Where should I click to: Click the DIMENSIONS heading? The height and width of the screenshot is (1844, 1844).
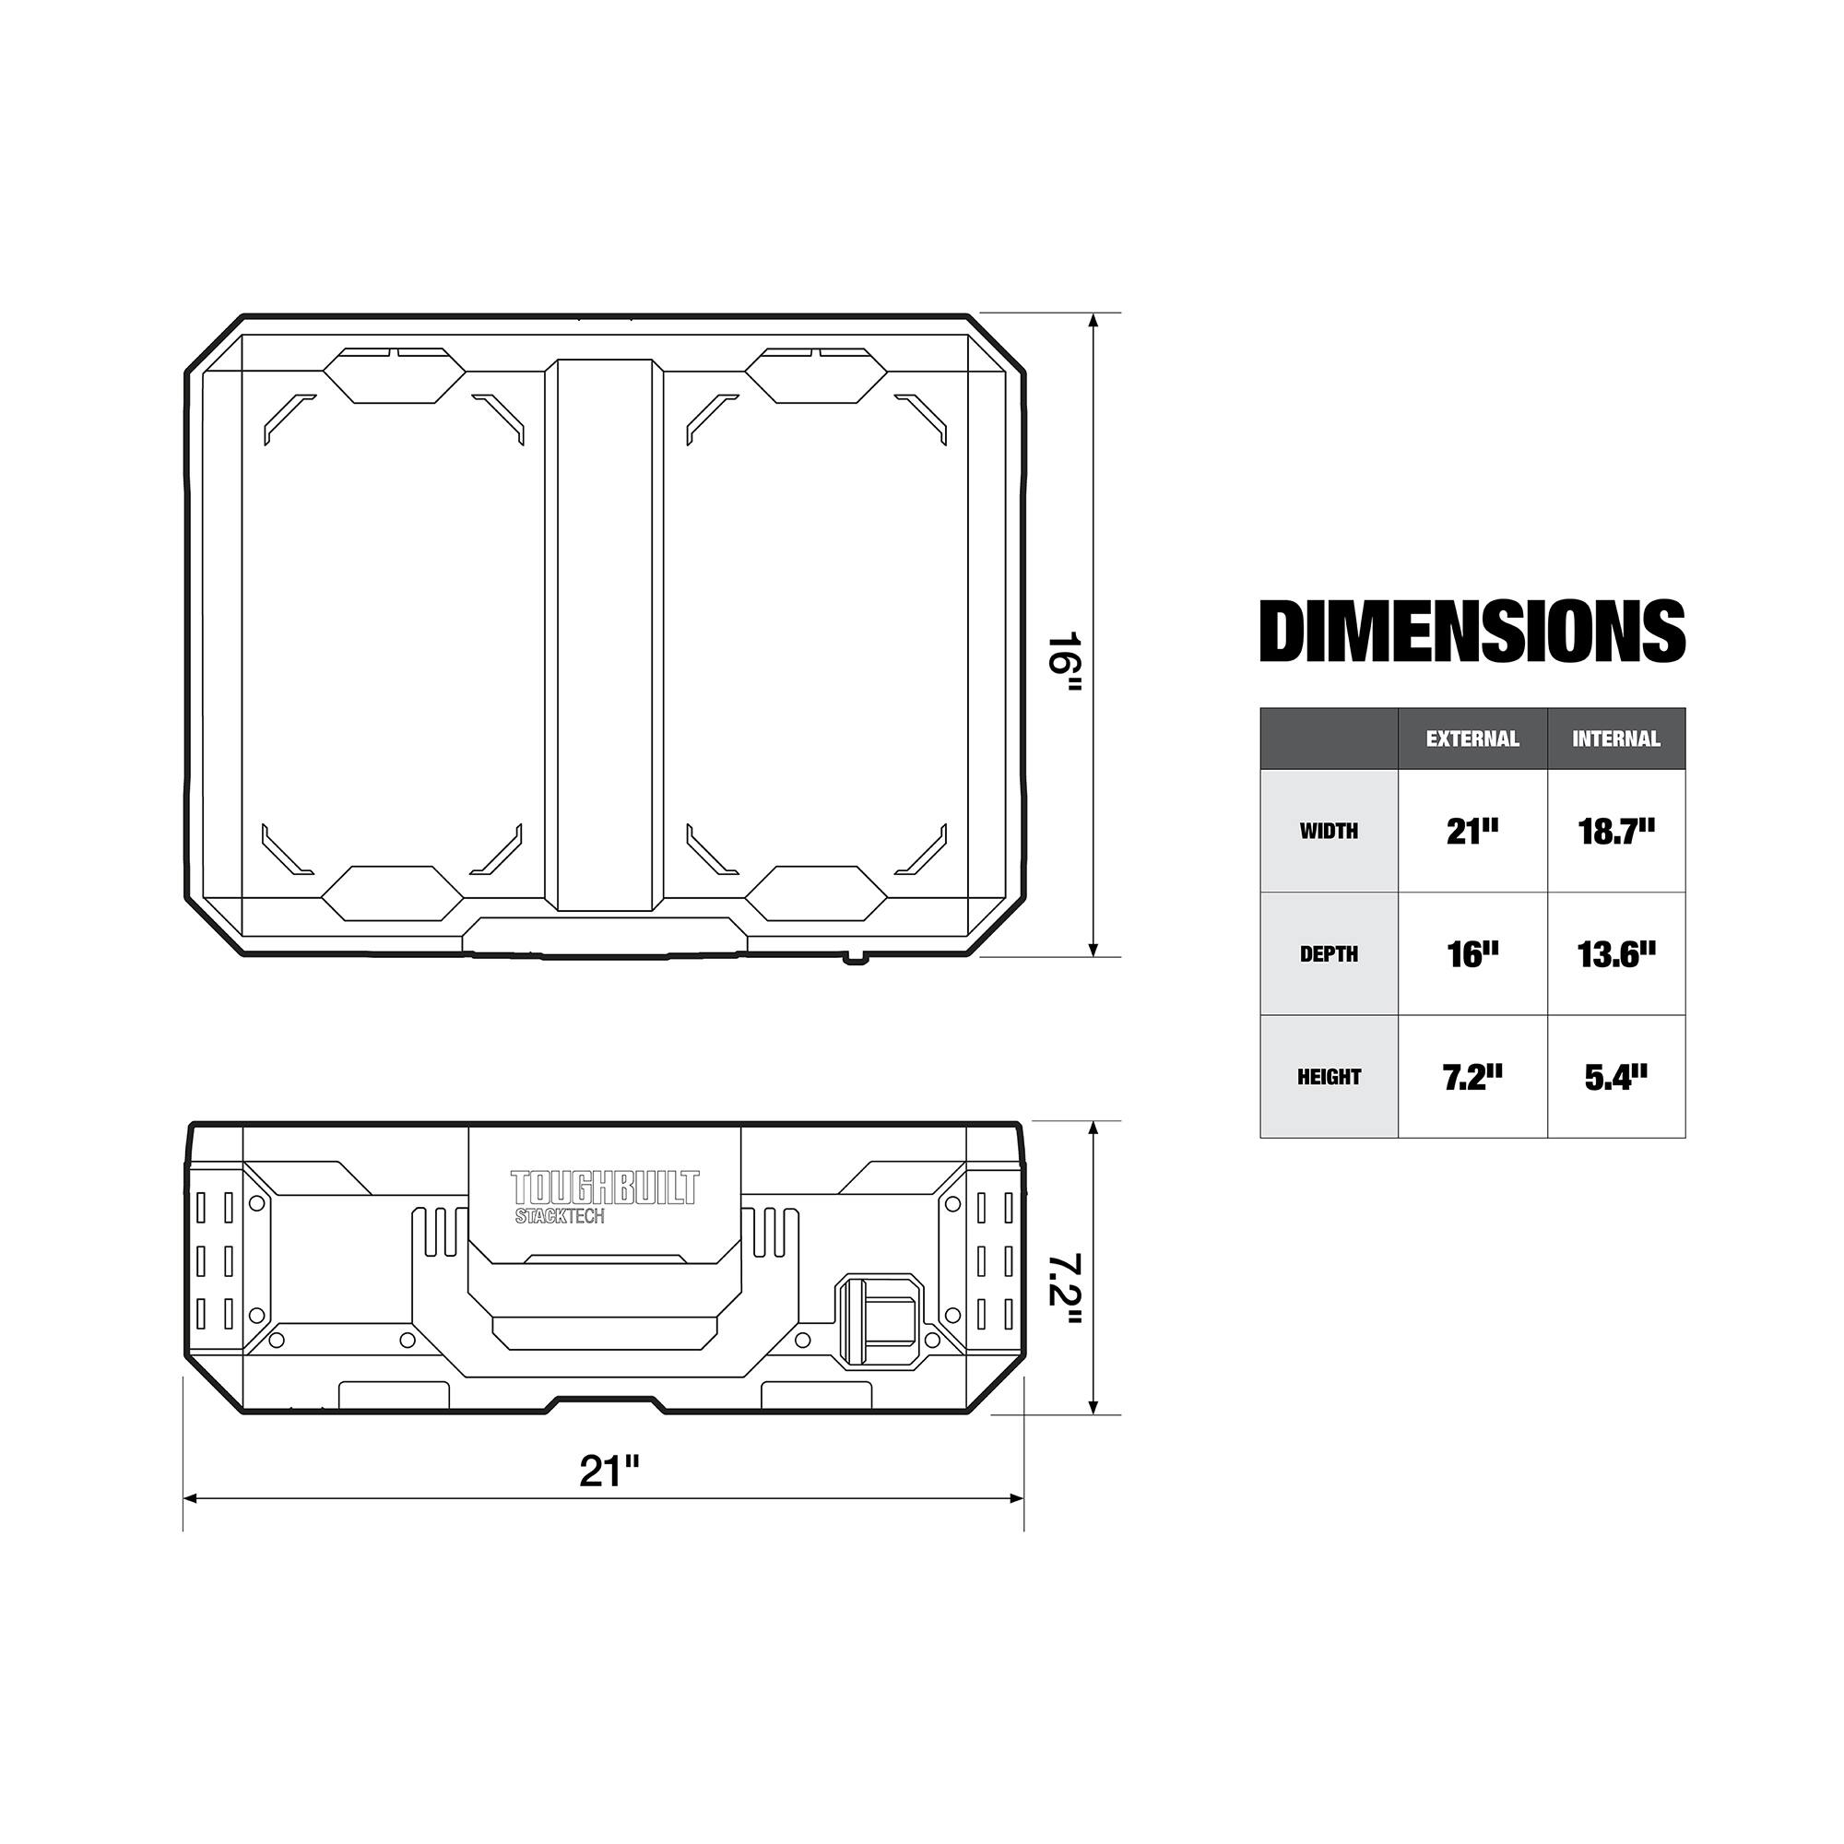[1472, 631]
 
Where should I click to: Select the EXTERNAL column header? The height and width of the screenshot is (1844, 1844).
[1472, 739]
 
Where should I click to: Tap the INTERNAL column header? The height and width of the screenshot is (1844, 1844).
[1616, 739]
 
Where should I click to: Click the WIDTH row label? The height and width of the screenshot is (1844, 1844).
[1329, 832]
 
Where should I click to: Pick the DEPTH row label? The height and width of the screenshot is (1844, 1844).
[1329, 954]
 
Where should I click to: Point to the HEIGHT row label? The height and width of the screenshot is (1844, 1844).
[1329, 1078]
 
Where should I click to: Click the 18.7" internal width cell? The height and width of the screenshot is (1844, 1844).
[1616, 832]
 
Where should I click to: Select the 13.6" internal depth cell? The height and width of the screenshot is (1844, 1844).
[1616, 954]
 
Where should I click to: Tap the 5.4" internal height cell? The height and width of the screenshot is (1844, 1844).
[1616, 1078]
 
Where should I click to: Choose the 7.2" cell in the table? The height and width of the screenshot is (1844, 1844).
[1472, 1078]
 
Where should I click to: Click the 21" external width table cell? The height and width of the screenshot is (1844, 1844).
[1472, 832]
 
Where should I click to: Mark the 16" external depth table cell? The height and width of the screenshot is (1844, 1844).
[1472, 954]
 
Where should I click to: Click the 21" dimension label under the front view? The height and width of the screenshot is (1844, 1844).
[609, 1471]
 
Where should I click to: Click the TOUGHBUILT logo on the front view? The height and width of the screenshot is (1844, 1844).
[605, 1188]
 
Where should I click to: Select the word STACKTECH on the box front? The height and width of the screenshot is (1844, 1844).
[560, 1217]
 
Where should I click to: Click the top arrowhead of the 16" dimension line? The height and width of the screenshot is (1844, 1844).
[1093, 320]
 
